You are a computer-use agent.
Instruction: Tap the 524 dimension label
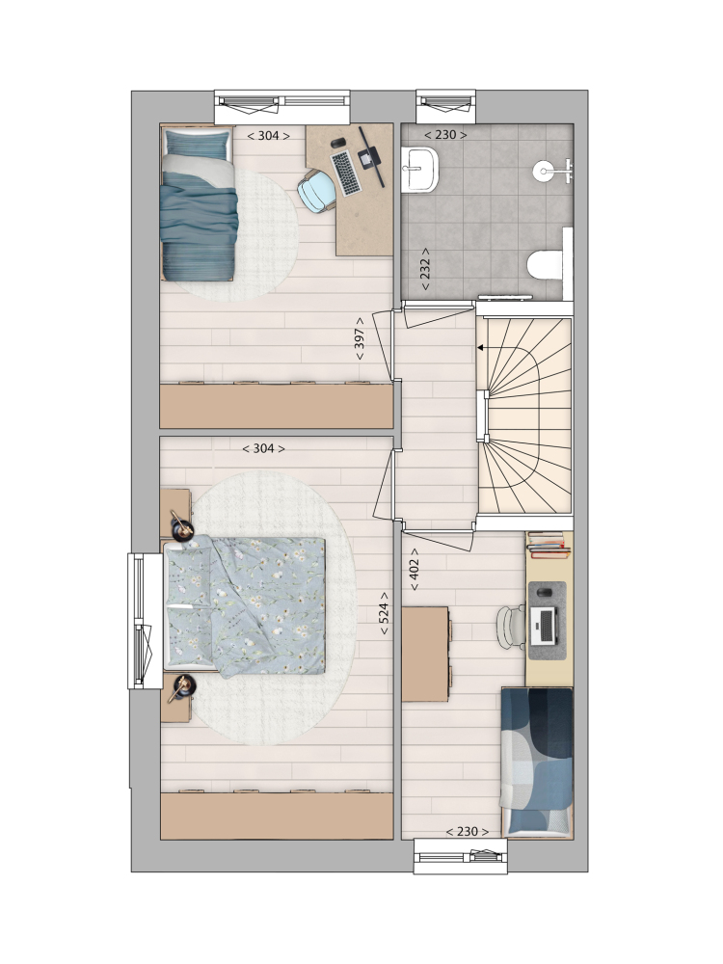384,614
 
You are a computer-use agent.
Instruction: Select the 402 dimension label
415,570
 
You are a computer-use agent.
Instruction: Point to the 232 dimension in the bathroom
425,269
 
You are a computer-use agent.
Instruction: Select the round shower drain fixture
544,171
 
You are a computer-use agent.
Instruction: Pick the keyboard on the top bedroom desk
345,174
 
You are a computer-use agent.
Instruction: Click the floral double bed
245,606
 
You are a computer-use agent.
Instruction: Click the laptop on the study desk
544,626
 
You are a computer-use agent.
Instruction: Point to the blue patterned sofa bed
537,762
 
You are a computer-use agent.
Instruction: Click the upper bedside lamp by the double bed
182,527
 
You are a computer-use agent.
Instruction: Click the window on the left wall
144,621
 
